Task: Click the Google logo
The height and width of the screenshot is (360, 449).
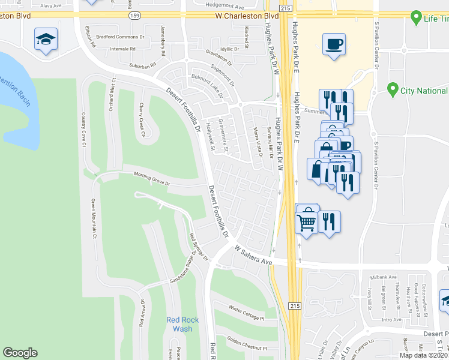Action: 20,353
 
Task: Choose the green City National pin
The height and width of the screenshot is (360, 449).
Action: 393,90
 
